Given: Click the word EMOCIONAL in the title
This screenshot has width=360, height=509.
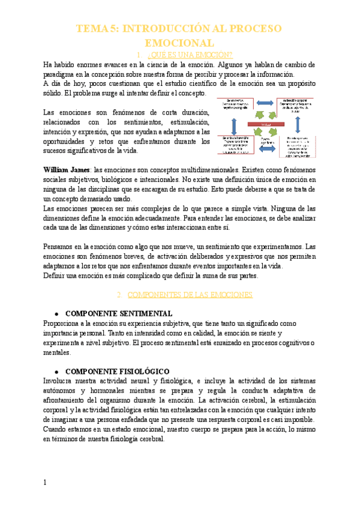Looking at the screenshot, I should [180, 43].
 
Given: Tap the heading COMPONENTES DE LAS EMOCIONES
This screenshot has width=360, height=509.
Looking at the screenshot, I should [191, 295].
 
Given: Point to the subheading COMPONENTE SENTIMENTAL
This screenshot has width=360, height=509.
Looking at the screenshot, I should [118, 313].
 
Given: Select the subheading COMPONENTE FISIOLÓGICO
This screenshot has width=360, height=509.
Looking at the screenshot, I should [116, 372].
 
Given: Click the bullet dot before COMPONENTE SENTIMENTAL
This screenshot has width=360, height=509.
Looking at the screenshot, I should [56, 314].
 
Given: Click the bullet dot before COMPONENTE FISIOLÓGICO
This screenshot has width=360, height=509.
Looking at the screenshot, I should [56, 372].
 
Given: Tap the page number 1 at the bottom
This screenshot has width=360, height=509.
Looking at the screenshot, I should [46, 482].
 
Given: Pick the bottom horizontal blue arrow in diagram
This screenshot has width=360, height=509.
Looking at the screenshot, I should [266, 142].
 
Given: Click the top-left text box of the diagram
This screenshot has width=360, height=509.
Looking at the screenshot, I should [238, 103].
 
